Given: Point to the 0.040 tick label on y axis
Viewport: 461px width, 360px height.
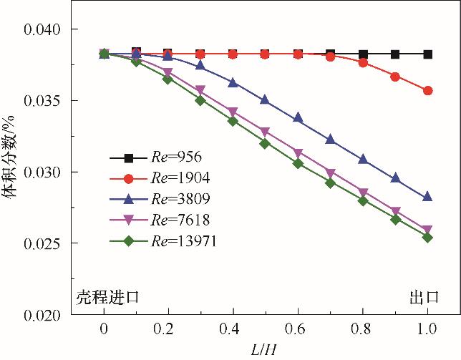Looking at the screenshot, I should click(42, 30).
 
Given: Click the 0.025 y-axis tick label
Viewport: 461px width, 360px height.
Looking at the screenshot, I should click(42, 244).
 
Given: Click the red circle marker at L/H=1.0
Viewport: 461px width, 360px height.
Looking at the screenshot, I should click(428, 91).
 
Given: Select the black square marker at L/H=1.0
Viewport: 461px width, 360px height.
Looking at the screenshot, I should click(428, 54).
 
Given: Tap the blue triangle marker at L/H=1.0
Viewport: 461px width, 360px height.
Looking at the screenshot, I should click(428, 197).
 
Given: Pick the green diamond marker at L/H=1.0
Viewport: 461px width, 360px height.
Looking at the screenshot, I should click(428, 237).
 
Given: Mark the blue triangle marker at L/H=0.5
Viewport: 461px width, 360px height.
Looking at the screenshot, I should click(265, 100).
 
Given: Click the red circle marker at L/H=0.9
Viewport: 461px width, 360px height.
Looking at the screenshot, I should click(395, 77).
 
